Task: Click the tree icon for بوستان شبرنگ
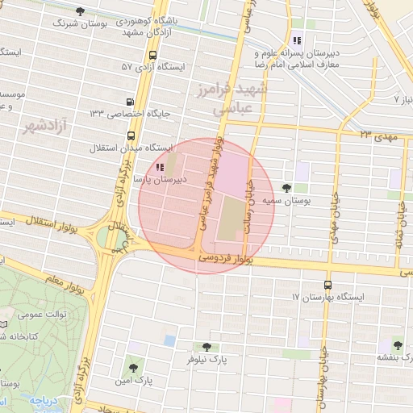click(79, 11)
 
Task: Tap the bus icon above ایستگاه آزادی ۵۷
click(152, 55)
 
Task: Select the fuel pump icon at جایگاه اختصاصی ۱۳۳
click(130, 102)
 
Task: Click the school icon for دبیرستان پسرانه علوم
click(297, 40)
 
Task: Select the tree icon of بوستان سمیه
click(287, 187)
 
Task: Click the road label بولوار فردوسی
click(225, 258)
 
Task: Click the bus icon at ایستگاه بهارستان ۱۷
click(327, 285)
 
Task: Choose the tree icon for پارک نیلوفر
click(206, 346)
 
